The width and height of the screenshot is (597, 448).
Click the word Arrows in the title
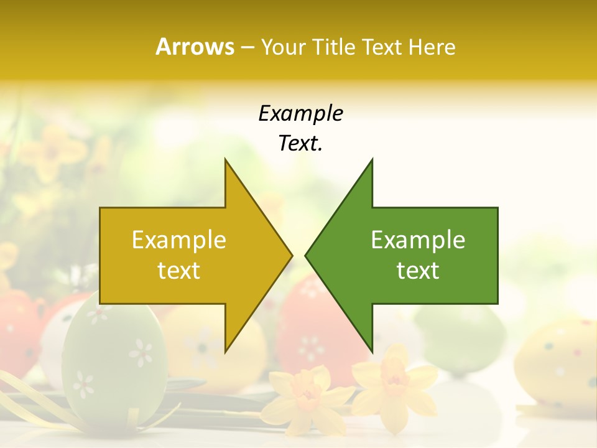[x=195, y=47]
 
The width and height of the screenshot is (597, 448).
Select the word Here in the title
[x=432, y=47]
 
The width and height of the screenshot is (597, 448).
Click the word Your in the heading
[x=282, y=47]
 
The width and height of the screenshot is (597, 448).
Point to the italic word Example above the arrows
[x=300, y=113]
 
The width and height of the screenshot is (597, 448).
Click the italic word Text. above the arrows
[x=300, y=143]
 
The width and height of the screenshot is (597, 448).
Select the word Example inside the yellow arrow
[x=178, y=240]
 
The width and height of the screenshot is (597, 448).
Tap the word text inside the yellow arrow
[x=178, y=270]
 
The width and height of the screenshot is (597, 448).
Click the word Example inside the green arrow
[x=418, y=240]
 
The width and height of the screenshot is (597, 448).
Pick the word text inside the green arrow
[x=418, y=270]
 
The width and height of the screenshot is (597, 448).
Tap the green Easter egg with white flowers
[x=115, y=361]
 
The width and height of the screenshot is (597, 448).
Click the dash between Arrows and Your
[x=247, y=47]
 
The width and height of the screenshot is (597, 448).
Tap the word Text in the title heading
[x=383, y=47]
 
